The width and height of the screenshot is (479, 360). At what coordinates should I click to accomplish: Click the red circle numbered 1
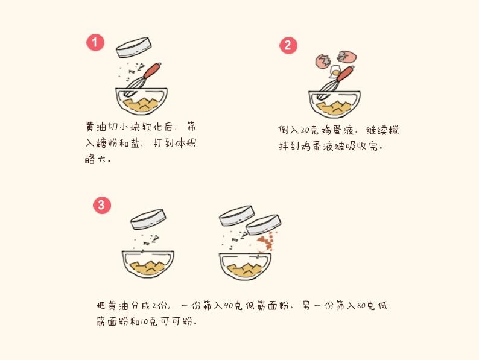click(x=95, y=42)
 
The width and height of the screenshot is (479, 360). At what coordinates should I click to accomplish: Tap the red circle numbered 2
click(x=288, y=45)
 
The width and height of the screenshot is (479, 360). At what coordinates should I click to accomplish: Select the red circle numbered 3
click(x=101, y=205)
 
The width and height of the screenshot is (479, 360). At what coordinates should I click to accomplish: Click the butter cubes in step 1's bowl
click(x=141, y=106)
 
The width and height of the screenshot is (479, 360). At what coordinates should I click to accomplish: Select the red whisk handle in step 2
click(x=345, y=74)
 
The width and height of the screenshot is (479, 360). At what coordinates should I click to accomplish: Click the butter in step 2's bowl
click(x=334, y=109)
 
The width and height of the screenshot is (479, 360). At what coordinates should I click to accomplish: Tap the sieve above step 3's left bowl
click(x=148, y=218)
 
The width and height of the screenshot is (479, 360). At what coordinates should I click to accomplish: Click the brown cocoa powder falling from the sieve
click(x=264, y=244)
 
